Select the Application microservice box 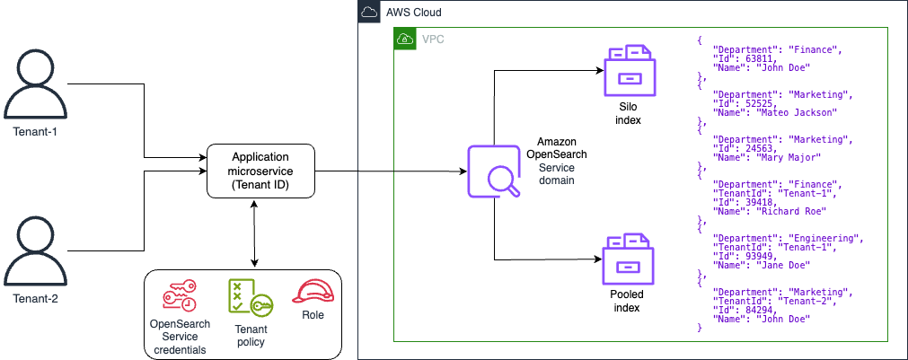(x=260, y=170)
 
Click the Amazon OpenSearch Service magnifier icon (x=493, y=170)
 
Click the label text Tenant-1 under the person (x=35, y=132)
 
